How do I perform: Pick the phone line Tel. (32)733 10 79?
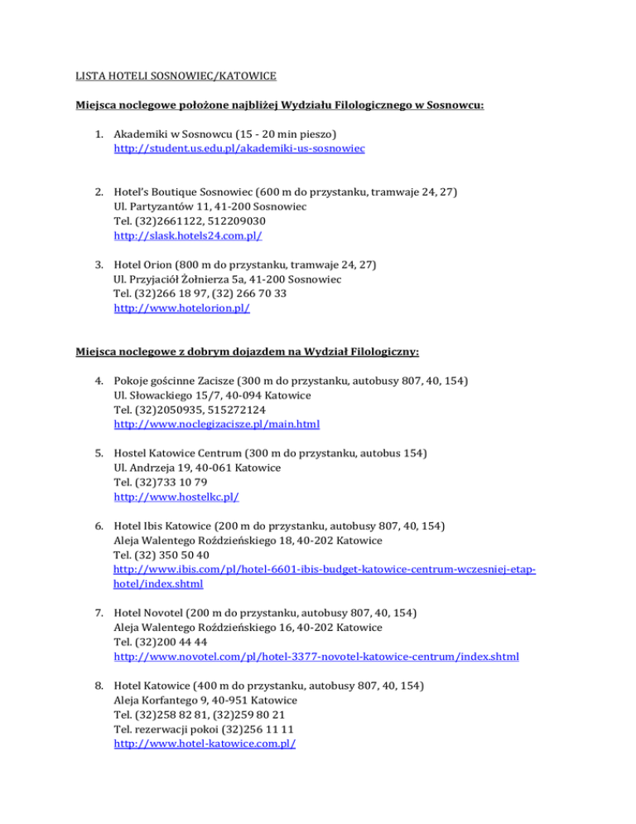point(166,482)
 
